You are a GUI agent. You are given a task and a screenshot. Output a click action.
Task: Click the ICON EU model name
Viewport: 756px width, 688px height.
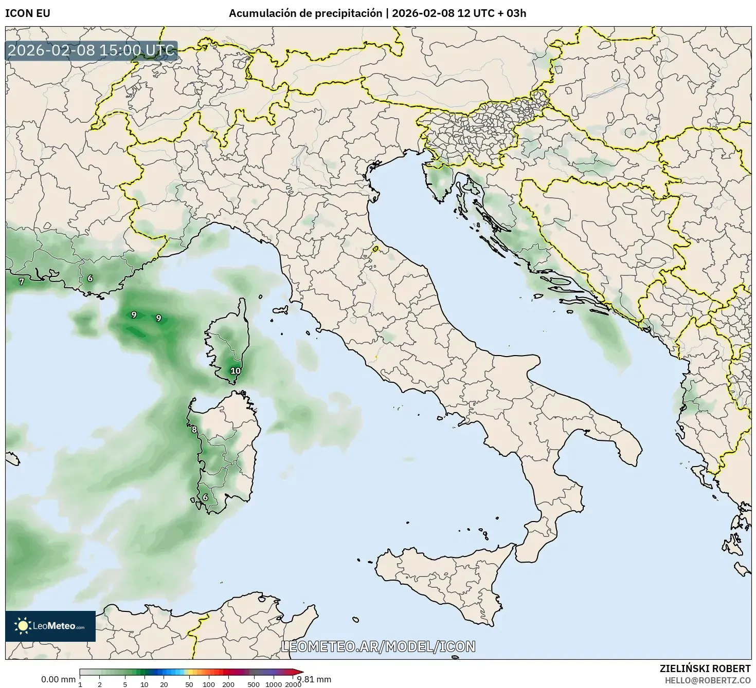(x=28, y=13)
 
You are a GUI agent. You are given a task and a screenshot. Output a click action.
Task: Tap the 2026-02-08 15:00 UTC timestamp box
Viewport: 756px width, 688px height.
(x=92, y=51)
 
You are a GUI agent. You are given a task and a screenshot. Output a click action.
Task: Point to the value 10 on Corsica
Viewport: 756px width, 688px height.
(x=236, y=370)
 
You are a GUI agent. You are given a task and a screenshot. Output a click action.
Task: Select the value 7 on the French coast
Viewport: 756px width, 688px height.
(x=21, y=282)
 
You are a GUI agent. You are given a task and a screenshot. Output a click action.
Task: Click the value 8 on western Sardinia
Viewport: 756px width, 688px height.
(x=194, y=430)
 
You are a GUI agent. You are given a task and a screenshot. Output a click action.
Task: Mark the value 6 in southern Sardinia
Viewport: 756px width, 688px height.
(x=205, y=497)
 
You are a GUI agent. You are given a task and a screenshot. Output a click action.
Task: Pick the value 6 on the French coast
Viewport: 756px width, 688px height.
(x=90, y=278)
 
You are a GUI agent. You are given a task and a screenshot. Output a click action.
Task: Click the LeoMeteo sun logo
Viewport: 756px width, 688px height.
(x=23, y=626)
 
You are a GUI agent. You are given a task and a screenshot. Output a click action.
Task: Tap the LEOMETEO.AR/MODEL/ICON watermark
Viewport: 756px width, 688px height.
(x=378, y=646)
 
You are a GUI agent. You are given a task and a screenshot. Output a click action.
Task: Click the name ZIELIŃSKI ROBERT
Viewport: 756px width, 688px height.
(x=705, y=668)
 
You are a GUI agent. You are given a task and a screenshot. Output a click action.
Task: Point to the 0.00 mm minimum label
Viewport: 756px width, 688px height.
(x=58, y=679)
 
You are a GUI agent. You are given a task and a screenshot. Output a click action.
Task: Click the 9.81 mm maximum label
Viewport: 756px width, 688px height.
(x=315, y=679)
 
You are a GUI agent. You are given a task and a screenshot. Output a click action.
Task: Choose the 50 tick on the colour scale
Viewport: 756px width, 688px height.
(x=189, y=684)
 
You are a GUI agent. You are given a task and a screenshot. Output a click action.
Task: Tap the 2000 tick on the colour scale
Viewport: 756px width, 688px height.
(x=293, y=684)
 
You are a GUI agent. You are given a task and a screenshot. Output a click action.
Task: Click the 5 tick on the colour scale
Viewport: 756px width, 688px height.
(x=125, y=684)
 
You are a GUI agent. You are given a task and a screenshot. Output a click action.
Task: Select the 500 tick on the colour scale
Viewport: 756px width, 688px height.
(x=254, y=684)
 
